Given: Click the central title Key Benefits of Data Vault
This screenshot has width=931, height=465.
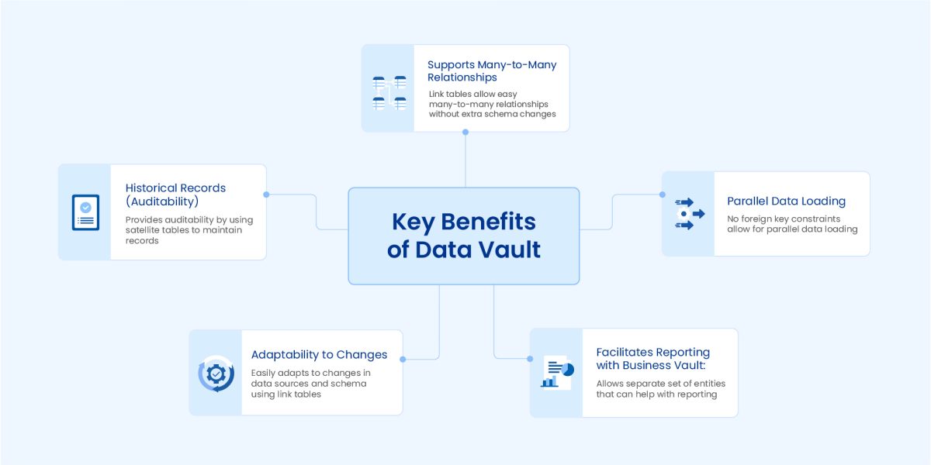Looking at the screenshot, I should coord(464,236).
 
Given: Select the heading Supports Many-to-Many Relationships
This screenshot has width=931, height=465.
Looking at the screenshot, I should coord(492,71).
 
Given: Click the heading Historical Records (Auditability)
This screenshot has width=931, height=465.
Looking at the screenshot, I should coord(175,195).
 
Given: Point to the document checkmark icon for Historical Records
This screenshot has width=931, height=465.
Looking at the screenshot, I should coord(85,212).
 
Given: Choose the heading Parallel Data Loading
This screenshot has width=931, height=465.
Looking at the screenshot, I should coord(786,201).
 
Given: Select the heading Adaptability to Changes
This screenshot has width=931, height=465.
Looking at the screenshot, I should coord(319,355).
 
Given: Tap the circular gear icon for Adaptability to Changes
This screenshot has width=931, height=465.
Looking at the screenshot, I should coord(216,374).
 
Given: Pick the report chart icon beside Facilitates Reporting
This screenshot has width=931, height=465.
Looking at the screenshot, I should coord(556,373).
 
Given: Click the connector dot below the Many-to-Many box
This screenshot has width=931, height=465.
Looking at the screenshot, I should coord(465,132).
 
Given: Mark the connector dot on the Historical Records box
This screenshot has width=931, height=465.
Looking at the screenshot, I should coord(266,195).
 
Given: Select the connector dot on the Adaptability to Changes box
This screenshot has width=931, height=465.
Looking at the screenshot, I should coord(403,359).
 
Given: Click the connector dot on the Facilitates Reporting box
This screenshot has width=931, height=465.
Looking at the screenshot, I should coord(530,359).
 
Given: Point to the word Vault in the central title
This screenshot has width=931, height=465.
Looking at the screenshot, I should coord(509,250).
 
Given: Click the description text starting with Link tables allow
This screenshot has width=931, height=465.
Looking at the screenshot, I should coord(492,104).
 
